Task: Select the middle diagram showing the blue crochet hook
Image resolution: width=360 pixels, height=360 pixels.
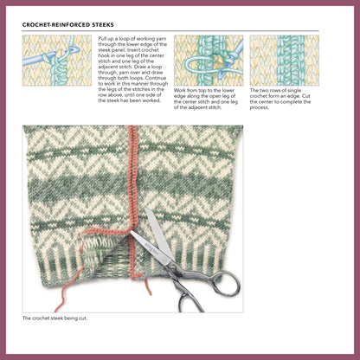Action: [x=208, y=60]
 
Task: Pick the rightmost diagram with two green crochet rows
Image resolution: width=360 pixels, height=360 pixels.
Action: [x=284, y=60]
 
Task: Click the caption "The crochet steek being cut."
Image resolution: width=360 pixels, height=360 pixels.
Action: [x=60, y=318]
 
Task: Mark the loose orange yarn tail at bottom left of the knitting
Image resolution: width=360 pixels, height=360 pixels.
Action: [x=61, y=299]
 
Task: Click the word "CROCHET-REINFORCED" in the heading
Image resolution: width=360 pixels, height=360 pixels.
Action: [x=55, y=26]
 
